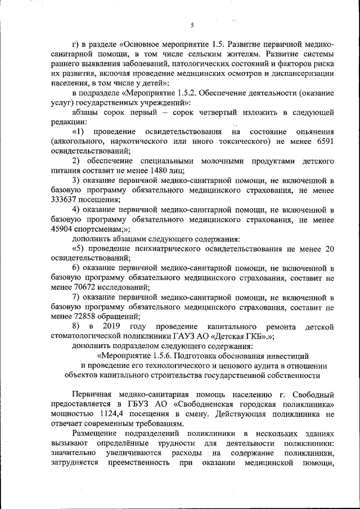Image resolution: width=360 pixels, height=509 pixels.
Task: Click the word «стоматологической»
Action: click(90, 336)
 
